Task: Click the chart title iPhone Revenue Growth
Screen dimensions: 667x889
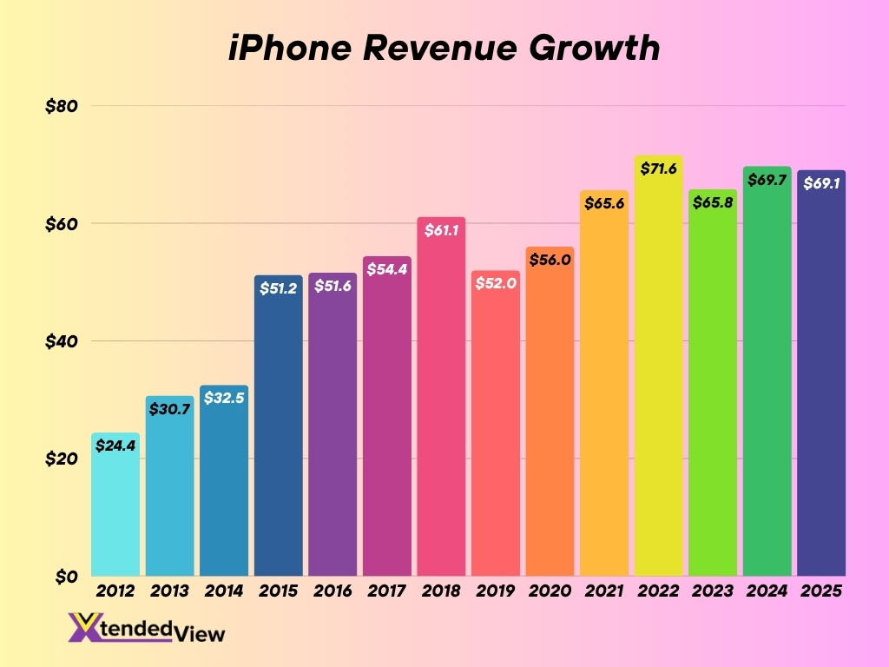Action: click(444, 49)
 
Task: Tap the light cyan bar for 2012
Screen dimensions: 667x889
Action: click(115, 512)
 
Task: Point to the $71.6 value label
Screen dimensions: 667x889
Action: click(658, 168)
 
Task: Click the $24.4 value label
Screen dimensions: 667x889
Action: click(115, 446)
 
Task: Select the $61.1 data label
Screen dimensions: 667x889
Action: click(441, 230)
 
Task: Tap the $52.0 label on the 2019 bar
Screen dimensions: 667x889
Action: click(496, 284)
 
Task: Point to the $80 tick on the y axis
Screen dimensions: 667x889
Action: click(62, 106)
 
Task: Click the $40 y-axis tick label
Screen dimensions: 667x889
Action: click(62, 341)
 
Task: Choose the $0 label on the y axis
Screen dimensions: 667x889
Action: click(66, 577)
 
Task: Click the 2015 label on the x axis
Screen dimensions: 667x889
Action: click(278, 591)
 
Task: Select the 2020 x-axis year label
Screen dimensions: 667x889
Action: click(550, 591)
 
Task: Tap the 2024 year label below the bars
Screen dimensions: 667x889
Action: click(767, 591)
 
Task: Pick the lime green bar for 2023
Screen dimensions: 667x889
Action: click(713, 391)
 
